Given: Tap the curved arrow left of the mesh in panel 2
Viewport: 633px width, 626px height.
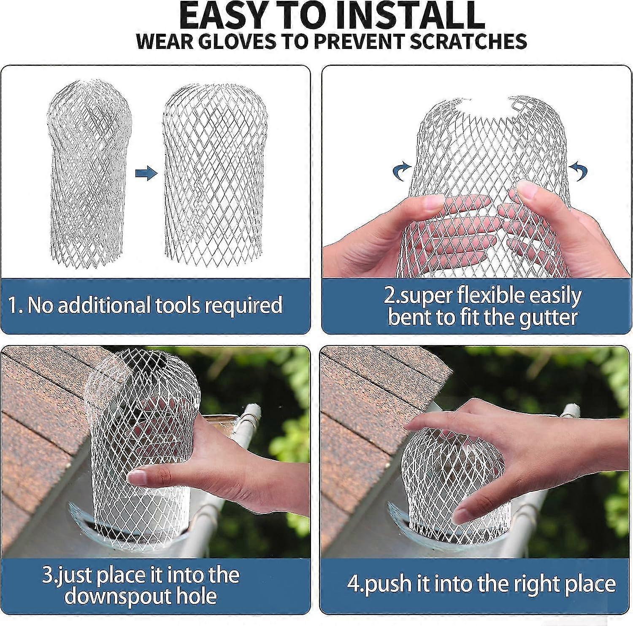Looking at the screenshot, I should click(x=400, y=171).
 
